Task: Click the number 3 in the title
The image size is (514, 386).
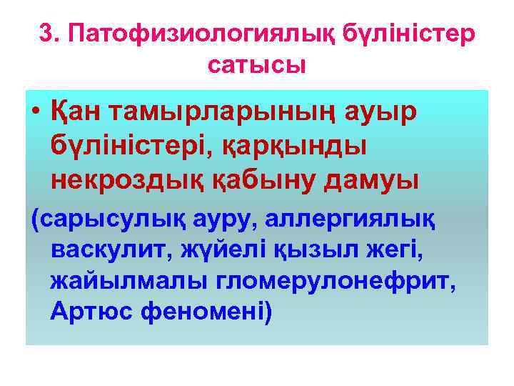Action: point(44,34)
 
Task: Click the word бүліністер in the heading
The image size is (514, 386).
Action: point(407,34)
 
